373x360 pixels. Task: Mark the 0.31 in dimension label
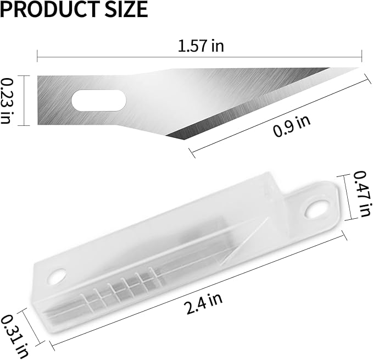tap(12, 335)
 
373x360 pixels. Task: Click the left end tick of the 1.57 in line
tap(37, 56)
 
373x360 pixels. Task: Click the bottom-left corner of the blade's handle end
tap(38, 124)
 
